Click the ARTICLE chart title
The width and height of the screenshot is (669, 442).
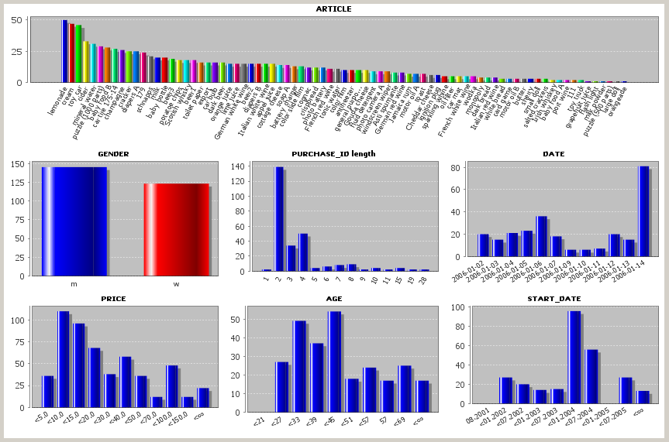(x=333, y=9)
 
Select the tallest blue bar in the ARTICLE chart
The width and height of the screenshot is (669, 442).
(x=65, y=51)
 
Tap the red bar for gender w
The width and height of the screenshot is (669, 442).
(x=176, y=229)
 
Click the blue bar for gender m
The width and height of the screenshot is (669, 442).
(x=74, y=221)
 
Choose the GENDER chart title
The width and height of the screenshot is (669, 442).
(x=113, y=154)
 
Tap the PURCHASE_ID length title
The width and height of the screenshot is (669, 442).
(x=333, y=154)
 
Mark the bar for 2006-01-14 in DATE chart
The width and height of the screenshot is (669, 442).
(x=643, y=211)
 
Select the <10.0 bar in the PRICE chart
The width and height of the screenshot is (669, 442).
(x=64, y=359)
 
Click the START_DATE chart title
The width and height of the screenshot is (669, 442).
(x=553, y=298)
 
